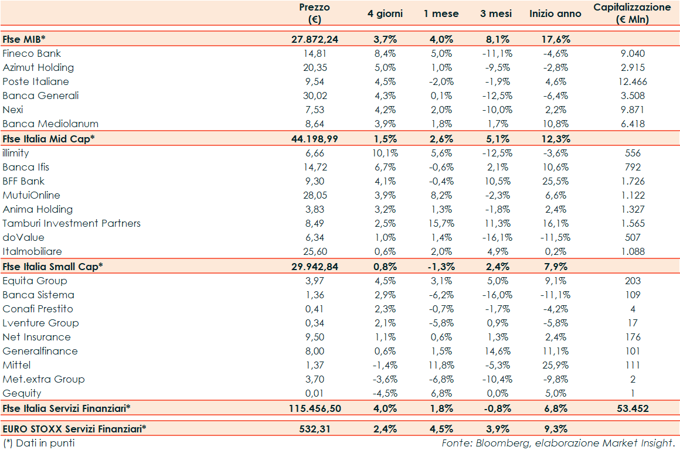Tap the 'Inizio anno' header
555,13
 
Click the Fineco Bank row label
32,53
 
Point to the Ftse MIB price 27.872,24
315,39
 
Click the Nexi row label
13,110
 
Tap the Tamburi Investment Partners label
72,223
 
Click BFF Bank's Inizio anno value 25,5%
556,181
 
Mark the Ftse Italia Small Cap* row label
53,266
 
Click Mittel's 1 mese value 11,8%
441,365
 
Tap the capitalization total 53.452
633,407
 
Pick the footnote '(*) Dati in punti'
39,443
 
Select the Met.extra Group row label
43,379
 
